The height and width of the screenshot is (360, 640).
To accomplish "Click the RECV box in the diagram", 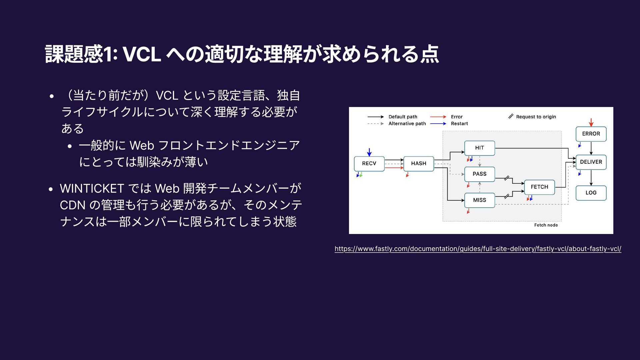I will coord(369,164).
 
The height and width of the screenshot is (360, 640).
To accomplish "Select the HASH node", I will coord(419,164).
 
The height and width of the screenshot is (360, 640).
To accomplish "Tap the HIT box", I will coord(479,148).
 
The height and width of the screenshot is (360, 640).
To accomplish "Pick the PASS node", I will coord(479,174).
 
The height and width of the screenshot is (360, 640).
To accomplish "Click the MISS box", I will coord(479,200).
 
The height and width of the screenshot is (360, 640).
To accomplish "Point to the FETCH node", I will coord(539,187).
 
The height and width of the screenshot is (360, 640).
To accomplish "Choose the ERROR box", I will coord(591,134).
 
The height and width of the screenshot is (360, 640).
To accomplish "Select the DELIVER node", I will coord(591,162).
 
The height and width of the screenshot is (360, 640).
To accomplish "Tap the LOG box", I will coord(591,193).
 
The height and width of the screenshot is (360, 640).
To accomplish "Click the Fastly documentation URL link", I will coord(478,249).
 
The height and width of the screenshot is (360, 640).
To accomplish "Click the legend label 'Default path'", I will coord(403,117).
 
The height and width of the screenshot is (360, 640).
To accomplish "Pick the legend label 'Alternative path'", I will coord(407,124).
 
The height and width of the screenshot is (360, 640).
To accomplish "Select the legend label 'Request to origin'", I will coord(536,117).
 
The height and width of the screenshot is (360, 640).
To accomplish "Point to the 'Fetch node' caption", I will coord(546,225).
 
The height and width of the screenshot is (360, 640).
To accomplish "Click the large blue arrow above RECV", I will coord(369,152).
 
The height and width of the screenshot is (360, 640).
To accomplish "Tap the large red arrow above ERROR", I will coord(591,122).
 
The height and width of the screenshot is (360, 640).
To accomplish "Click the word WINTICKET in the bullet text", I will coord(92,189).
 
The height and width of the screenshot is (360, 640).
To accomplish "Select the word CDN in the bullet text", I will coord(73,205).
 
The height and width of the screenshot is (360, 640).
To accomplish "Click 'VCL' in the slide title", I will coord(142,54).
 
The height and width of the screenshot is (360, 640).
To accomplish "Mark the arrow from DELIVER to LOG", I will coord(591,178).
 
